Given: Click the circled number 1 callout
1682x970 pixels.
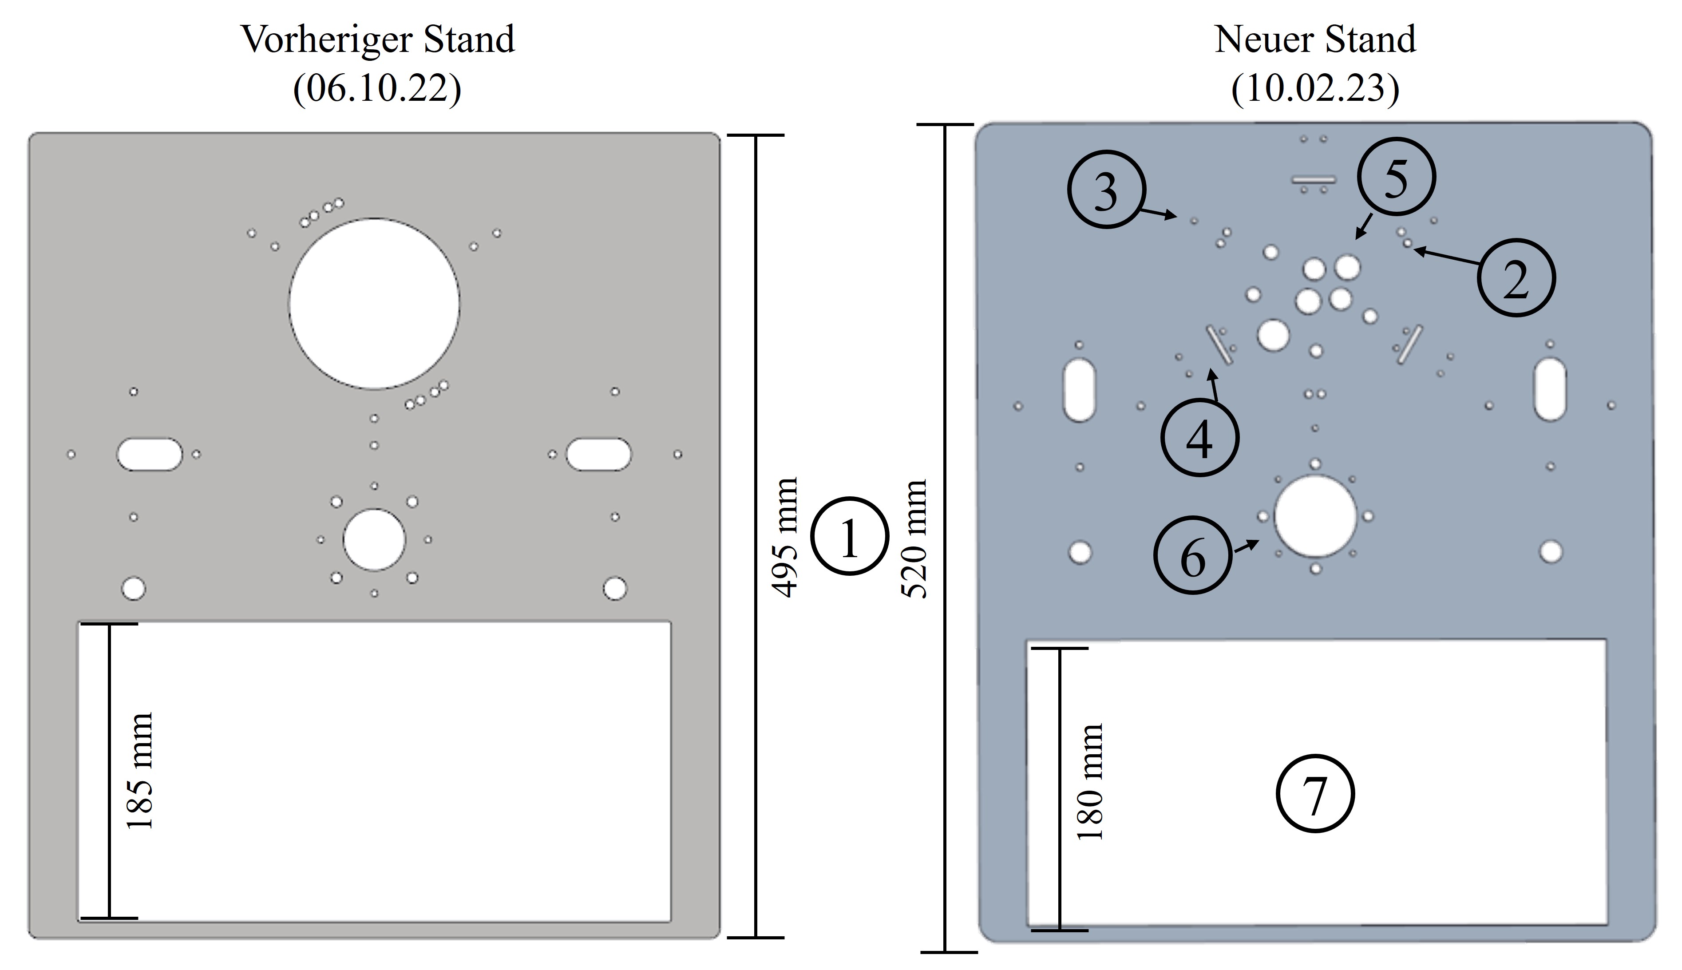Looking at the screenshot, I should click(849, 536).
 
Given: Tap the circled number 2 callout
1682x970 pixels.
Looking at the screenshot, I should click(1516, 278).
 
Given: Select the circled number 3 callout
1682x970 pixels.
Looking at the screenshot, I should click(1106, 190).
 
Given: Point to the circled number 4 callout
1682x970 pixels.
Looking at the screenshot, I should click(1200, 438).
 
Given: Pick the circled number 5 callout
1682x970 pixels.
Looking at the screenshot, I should click(1396, 177).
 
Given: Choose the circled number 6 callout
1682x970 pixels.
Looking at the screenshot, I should click(1192, 556).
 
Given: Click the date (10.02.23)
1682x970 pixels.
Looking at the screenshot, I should click(1315, 88).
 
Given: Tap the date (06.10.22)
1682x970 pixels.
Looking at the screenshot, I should click(377, 88).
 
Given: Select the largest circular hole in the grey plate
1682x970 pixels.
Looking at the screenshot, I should click(374, 303).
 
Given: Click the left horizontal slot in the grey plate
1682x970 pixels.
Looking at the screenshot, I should click(149, 454).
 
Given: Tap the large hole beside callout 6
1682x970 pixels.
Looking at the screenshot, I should click(1315, 516).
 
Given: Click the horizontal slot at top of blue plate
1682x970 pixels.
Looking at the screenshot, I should click(1314, 179).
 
